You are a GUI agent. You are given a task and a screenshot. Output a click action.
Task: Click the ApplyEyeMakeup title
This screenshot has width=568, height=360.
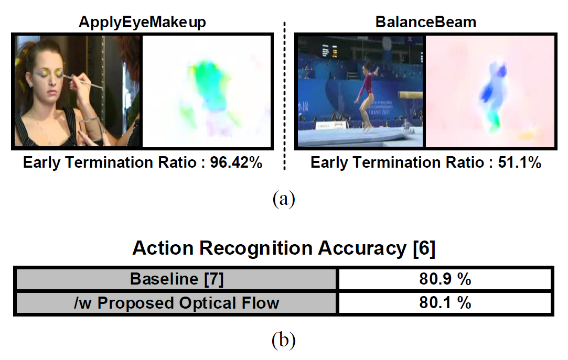coord(142,23)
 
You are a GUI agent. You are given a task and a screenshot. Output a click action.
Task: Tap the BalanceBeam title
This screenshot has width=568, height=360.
coord(426,22)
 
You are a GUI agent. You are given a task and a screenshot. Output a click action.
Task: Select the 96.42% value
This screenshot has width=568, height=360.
coord(236,162)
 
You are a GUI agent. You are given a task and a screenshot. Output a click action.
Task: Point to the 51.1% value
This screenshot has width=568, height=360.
coord(519,162)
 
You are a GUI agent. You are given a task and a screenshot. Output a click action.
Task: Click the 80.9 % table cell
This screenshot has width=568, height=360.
coord(445,279)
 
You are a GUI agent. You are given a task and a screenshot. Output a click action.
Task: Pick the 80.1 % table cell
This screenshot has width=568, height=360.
coord(445,303)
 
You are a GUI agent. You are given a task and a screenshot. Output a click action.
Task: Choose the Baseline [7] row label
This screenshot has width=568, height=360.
coord(177,279)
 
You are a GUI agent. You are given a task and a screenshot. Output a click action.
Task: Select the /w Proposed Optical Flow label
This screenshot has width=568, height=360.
coord(177,303)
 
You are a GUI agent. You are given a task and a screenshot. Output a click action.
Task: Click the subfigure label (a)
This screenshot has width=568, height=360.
coord(284,199)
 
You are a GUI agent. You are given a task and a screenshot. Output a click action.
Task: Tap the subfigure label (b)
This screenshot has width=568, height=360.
coord(284,340)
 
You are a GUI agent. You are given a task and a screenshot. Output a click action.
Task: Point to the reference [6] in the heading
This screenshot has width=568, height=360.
coord(424,248)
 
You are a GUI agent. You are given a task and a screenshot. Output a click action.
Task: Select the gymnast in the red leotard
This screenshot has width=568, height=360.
coord(367,95)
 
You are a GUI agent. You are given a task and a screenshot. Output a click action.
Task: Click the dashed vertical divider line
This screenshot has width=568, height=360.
coord(284,96)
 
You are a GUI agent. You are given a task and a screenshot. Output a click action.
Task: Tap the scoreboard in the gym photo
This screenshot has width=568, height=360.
coord(329,51)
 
